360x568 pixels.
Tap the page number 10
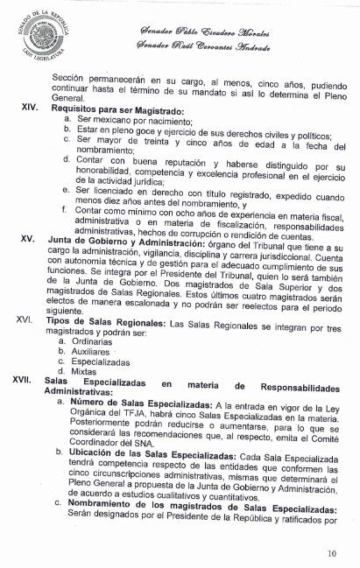(328, 552)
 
